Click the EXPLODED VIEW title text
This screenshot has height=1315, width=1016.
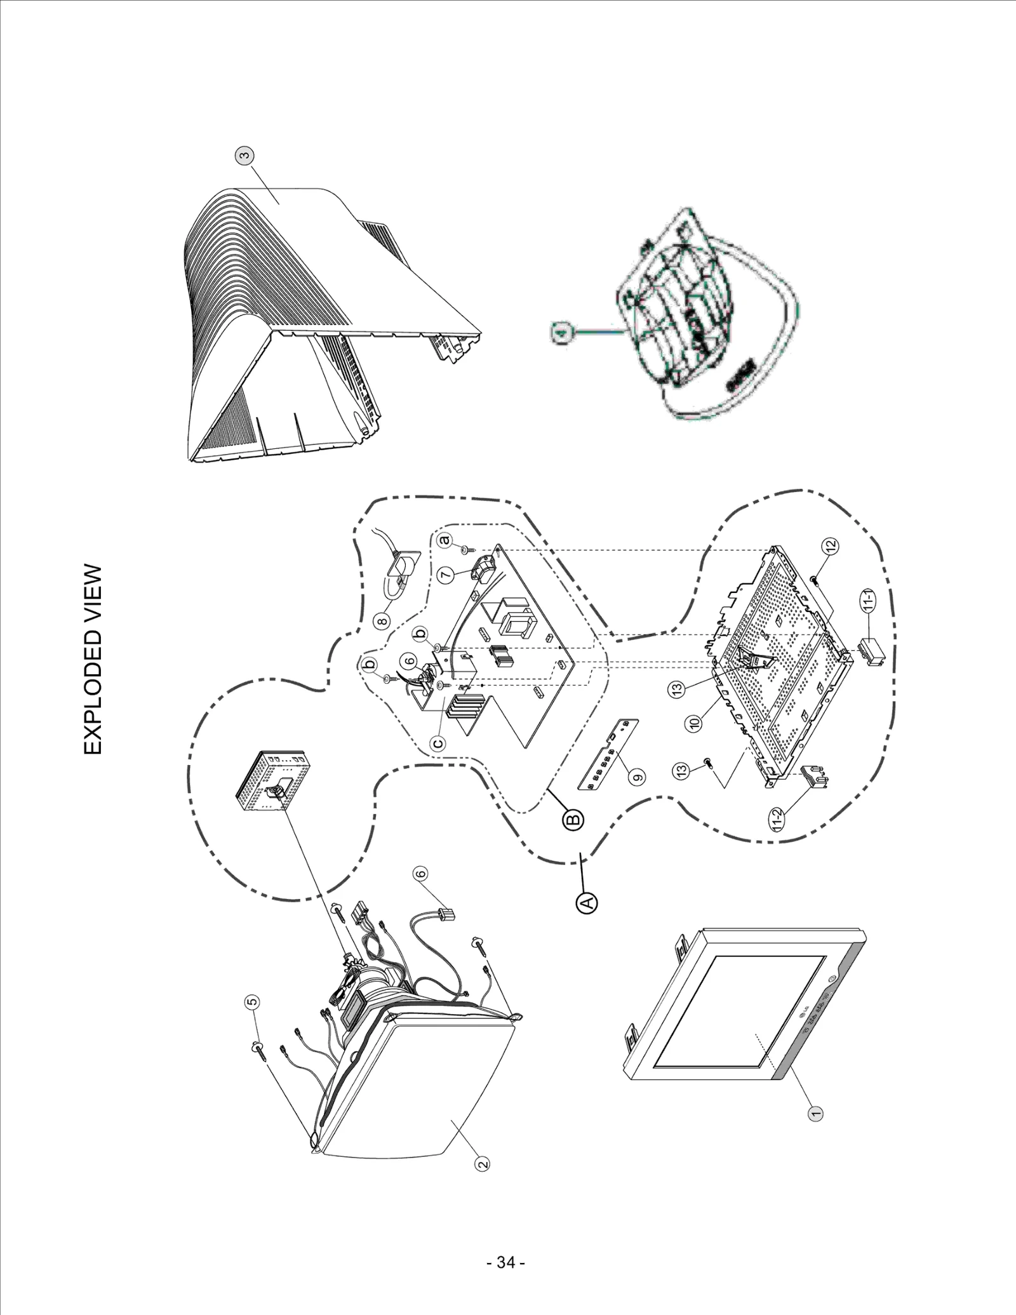pos(93,660)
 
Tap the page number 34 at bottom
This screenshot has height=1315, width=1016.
pos(505,1262)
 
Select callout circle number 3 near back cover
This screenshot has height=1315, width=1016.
pos(245,155)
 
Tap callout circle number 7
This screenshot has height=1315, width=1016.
pos(446,575)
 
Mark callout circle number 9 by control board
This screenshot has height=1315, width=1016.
pos(638,775)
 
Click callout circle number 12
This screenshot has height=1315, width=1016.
pos(831,545)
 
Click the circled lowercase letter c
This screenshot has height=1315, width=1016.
pos(437,742)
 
